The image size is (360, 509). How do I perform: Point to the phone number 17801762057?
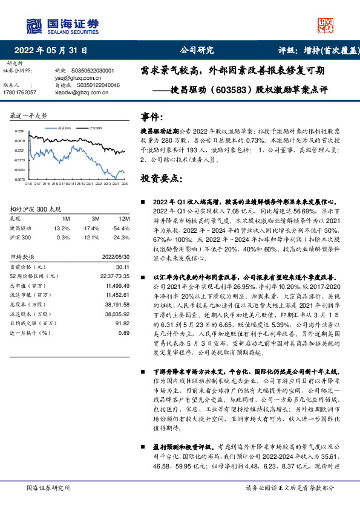pos(20,92)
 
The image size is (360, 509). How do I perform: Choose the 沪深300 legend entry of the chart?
pos(94,129)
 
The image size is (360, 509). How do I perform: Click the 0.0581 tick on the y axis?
pos(20,131)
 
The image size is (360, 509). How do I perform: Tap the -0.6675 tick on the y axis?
pos(20,180)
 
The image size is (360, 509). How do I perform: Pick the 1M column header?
pos(66,218)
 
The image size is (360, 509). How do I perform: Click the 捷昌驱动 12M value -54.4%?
pos(120,229)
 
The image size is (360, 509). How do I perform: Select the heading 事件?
pos(151,115)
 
